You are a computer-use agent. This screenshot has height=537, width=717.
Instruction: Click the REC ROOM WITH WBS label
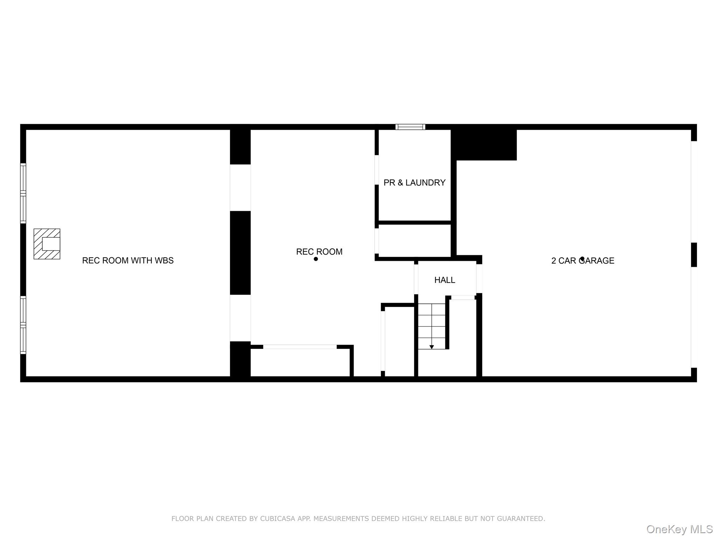point(128,260)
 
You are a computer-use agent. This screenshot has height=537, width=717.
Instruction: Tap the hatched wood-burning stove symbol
point(47,244)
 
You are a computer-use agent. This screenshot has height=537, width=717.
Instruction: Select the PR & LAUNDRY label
point(415,182)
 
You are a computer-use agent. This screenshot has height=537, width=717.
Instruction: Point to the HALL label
point(445,280)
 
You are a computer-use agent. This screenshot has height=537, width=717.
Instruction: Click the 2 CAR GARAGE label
point(583,261)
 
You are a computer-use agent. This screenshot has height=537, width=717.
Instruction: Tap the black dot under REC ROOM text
point(316,259)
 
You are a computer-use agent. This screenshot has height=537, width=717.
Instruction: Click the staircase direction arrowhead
point(432,347)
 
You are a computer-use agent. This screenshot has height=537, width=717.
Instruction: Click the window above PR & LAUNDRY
point(410,127)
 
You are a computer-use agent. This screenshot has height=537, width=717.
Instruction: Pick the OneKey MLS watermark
point(680,529)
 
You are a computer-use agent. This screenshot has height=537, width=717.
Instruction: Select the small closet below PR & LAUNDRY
point(415,241)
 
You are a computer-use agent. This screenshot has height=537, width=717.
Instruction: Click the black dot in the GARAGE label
point(582,259)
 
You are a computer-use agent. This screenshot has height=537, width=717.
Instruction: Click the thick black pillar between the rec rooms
point(240,252)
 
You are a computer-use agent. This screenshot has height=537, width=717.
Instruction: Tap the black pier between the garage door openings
point(694,255)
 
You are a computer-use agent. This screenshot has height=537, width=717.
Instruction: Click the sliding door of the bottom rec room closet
point(300,347)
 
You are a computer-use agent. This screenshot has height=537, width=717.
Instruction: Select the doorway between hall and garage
point(479,278)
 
